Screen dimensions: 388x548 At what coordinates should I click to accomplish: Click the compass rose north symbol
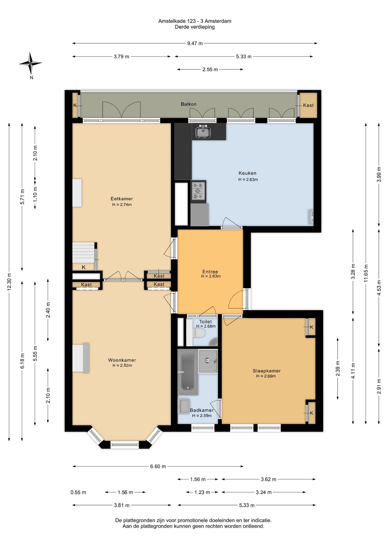point(30,64)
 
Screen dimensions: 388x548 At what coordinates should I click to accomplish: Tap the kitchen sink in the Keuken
point(203,132)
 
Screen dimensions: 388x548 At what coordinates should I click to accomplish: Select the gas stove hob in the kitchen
point(198,191)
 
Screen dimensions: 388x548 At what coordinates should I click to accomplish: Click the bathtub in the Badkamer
point(188,372)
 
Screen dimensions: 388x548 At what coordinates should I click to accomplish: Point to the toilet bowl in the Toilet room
point(199,333)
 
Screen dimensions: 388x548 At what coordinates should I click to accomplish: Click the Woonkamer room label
point(122,360)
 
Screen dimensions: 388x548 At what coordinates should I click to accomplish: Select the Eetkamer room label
point(122,199)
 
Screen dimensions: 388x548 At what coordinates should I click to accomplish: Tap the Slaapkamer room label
point(267,371)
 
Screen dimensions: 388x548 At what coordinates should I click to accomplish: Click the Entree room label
point(210,272)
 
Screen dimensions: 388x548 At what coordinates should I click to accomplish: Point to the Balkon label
point(189,104)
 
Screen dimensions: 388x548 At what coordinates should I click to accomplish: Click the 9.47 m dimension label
point(195,43)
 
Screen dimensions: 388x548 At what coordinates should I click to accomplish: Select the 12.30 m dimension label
point(9,282)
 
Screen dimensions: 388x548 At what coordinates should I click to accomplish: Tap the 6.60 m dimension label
point(158,466)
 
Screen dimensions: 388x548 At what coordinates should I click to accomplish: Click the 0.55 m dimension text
point(78,492)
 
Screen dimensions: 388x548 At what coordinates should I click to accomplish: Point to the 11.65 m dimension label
point(366,273)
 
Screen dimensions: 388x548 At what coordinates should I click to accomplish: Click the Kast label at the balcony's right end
point(308,105)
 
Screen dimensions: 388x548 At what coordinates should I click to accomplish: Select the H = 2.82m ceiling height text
point(122,365)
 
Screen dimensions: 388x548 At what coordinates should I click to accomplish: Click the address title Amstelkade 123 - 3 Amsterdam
point(195,21)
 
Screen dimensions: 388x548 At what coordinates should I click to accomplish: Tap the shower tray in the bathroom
point(208,361)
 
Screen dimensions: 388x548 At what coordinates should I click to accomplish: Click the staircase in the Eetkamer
point(83,253)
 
